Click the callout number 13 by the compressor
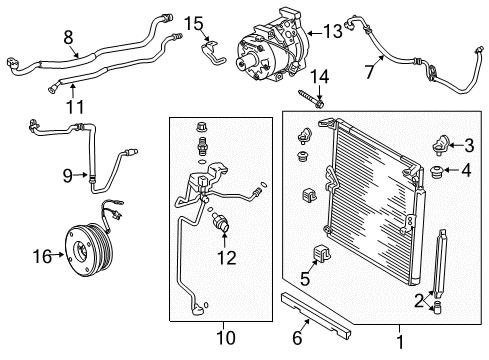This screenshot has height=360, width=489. pyautogui.click(x=331, y=31)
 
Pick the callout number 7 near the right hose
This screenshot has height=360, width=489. pyautogui.click(x=370, y=70)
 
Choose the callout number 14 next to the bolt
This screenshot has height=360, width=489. pyautogui.click(x=322, y=77)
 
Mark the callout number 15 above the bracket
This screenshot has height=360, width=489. pyautogui.click(x=193, y=22)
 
